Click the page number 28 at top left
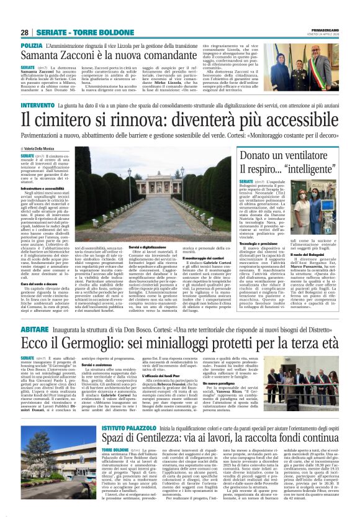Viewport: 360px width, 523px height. [x=25, y=32]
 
